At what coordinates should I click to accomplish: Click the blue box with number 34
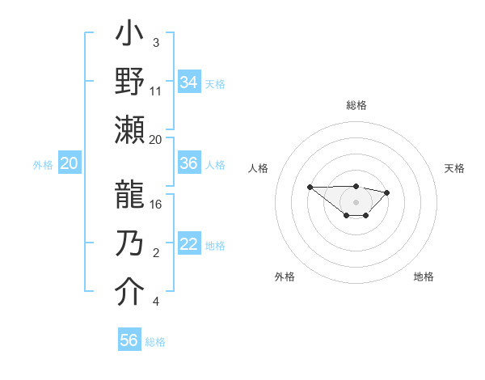tap(189, 82)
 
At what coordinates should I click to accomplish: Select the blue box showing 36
tap(189, 163)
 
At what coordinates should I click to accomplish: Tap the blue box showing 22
tap(189, 245)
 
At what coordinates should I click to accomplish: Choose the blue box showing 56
tap(129, 340)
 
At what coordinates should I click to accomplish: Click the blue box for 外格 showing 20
tap(69, 163)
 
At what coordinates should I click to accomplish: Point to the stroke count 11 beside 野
tap(156, 91)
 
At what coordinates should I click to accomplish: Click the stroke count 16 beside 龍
tap(156, 204)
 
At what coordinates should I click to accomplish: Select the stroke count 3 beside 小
tap(156, 42)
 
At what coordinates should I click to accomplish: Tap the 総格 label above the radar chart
tap(356, 105)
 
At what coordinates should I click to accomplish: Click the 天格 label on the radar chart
tap(454, 168)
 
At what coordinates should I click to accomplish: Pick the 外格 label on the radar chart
tap(285, 277)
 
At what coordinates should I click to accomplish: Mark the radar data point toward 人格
tap(310, 187)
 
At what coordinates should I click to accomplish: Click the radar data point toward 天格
tap(387, 192)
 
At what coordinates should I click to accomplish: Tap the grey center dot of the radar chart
tap(356, 202)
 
